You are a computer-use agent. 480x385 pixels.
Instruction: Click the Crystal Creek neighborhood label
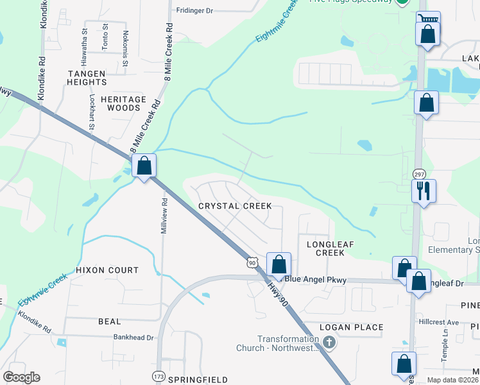click(235, 206)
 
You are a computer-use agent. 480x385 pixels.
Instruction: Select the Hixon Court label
click(107, 270)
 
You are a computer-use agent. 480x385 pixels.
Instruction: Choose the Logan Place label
click(351, 327)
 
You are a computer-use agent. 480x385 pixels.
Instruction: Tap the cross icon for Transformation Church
click(329, 343)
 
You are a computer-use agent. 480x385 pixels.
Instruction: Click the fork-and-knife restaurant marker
click(424, 190)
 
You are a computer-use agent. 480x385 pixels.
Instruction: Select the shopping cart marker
click(428, 19)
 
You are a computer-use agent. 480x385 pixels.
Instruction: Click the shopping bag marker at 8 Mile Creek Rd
click(144, 166)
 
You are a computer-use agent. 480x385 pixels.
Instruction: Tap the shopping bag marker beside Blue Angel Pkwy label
click(279, 264)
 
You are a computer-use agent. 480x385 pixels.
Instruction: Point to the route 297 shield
click(419, 175)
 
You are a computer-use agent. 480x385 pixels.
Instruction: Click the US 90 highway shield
click(253, 262)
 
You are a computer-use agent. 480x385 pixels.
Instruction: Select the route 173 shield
click(159, 375)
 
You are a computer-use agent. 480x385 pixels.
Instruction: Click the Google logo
click(22, 377)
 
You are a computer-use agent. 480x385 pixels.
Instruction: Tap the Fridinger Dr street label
click(194, 11)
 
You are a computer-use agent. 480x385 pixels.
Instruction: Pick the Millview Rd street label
click(164, 216)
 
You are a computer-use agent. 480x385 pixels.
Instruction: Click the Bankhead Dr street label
click(134, 337)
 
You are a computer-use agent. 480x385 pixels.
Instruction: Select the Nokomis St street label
click(125, 47)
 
